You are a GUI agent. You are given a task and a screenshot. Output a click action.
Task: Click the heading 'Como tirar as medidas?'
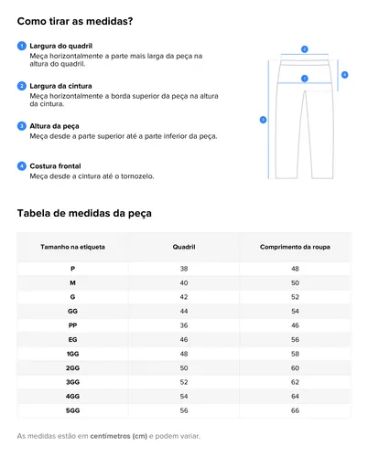74,21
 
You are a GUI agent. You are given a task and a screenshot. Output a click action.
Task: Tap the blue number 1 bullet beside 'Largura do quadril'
21,45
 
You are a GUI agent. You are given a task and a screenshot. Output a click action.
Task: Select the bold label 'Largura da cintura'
61,85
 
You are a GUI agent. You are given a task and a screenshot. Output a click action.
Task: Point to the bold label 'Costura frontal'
56,165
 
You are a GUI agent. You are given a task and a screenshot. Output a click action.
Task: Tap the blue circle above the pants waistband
304,49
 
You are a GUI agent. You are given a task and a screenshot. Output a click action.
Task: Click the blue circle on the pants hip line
304,79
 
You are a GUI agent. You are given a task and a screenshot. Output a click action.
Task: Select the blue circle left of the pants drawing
263,119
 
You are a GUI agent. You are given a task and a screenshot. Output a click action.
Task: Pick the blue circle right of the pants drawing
344,74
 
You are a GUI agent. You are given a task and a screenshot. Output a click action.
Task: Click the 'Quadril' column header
184,247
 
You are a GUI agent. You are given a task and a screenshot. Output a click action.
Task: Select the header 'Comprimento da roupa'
295,247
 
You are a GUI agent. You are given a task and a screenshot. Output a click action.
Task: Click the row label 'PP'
72,324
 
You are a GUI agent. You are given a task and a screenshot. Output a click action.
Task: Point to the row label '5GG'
72,410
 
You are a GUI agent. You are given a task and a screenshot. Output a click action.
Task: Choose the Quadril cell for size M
184,282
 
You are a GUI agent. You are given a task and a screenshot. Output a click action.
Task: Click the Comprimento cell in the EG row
295,339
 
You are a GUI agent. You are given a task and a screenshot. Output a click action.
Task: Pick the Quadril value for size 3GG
184,382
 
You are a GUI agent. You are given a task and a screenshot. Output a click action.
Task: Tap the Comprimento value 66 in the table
295,410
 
